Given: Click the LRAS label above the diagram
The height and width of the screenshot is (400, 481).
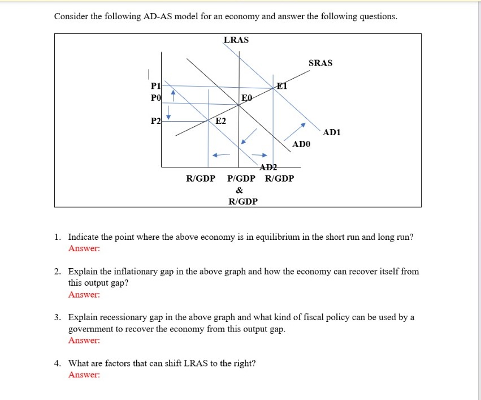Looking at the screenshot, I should (236, 40).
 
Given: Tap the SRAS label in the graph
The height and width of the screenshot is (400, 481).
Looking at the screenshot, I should (320, 63).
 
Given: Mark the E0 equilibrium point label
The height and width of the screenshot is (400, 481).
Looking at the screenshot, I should (246, 98).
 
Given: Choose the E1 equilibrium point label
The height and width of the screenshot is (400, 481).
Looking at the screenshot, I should (282, 86).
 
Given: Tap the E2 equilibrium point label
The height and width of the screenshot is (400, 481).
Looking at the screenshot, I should (220, 121).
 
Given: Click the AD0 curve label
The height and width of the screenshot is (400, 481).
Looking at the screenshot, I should (301, 145).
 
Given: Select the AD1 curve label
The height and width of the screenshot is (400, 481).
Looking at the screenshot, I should (332, 132).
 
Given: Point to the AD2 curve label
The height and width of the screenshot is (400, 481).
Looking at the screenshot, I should (268, 167).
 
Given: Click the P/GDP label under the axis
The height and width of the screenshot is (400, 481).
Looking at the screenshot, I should (241, 179).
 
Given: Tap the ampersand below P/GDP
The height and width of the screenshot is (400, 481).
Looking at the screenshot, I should (240, 190).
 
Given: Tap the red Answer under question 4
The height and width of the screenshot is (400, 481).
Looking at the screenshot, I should (84, 375).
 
